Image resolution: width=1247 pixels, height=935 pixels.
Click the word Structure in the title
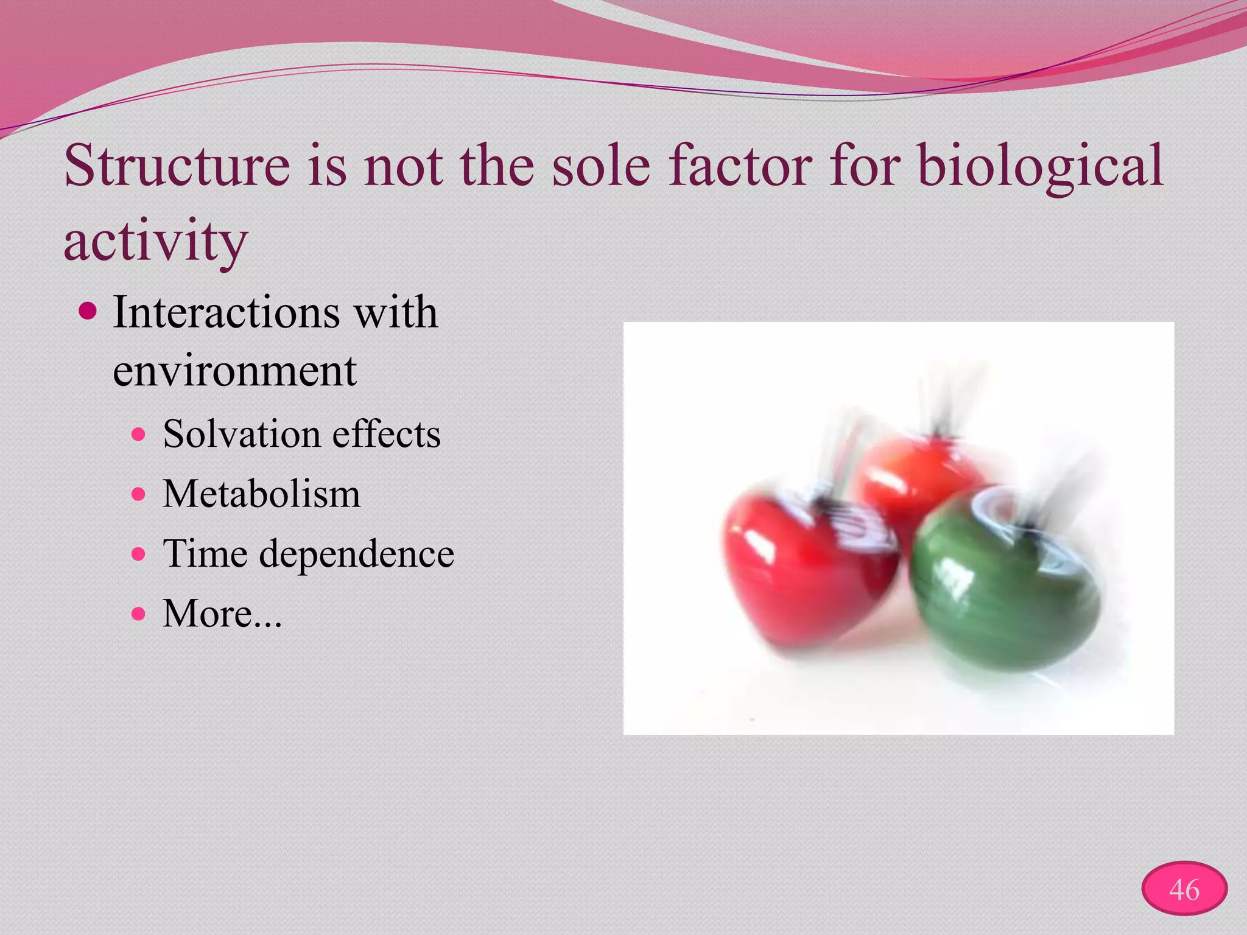click(177, 166)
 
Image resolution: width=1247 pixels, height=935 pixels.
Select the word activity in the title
click(156, 241)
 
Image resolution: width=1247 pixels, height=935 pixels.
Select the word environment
click(234, 371)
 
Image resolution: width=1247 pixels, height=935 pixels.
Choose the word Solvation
click(241, 434)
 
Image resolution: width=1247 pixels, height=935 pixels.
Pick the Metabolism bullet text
click(261, 494)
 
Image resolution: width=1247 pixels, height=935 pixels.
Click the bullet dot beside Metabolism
click(139, 494)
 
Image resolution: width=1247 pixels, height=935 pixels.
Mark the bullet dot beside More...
click(139, 613)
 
